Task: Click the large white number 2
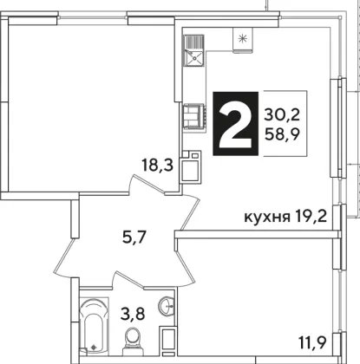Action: point(235,124)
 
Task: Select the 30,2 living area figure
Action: point(282,115)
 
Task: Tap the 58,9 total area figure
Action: point(282,134)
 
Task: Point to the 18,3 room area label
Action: point(157,166)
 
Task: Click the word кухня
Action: point(267,218)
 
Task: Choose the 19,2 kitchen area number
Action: point(311,217)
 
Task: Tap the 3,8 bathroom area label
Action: point(133,314)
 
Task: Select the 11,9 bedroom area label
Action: point(312,343)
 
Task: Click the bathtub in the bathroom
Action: point(93,325)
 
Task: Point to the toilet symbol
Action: point(133,341)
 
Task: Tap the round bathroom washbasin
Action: point(167,305)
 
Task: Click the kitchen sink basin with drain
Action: point(194,58)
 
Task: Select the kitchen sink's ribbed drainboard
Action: point(194,42)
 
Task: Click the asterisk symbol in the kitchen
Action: point(242,38)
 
